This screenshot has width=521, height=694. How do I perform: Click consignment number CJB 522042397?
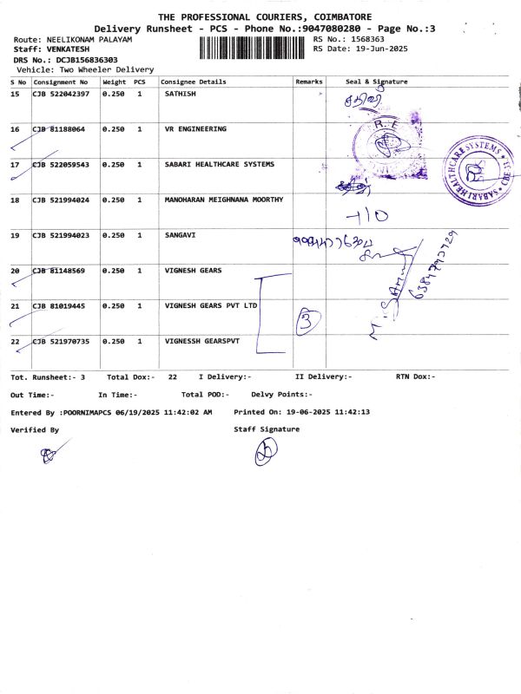tap(60, 93)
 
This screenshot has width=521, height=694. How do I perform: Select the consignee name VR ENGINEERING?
tap(195, 128)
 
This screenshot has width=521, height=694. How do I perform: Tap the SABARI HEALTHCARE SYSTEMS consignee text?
tap(219, 164)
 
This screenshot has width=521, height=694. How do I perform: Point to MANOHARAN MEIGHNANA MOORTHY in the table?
tap(223, 200)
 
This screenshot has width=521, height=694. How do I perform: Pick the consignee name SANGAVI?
tap(181, 235)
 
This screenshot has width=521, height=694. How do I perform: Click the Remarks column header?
tap(308, 82)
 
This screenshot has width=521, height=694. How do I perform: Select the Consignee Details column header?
tap(193, 82)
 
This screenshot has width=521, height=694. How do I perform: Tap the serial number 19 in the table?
tap(15, 235)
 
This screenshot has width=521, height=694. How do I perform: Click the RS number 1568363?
tap(363, 39)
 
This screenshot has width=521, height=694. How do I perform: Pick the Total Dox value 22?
tap(173, 376)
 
